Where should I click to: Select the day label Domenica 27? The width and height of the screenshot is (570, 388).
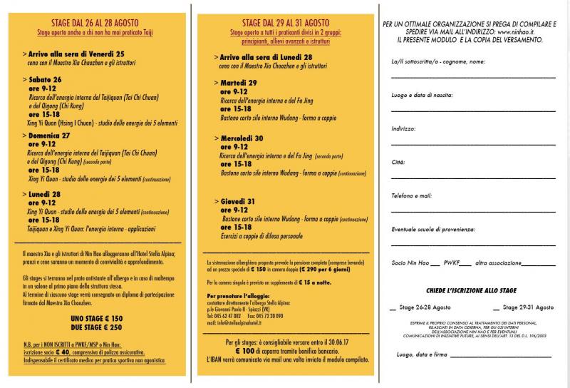coord(50,135)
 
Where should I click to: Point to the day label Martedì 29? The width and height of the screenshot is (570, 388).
coord(238,83)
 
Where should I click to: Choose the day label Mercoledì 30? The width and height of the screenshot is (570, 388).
coord(242,138)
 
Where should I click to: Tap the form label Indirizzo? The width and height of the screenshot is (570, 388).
coord(404,129)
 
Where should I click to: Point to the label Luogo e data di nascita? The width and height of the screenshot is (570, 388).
coord(421,96)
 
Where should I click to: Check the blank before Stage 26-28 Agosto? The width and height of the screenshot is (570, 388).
coord(393,308)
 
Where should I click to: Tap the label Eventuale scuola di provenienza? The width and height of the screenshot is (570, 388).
coord(432,229)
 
